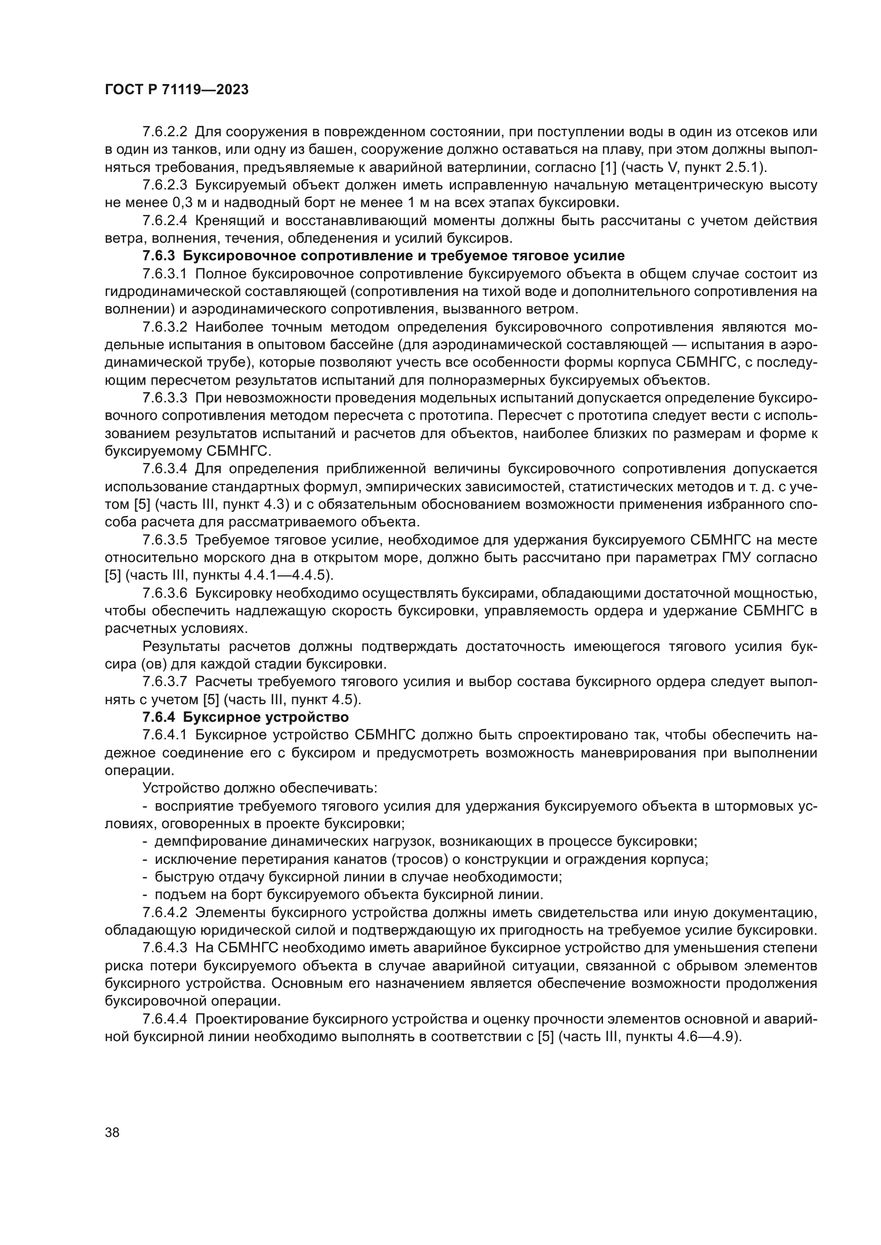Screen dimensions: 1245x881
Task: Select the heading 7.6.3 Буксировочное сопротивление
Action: (383, 255)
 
